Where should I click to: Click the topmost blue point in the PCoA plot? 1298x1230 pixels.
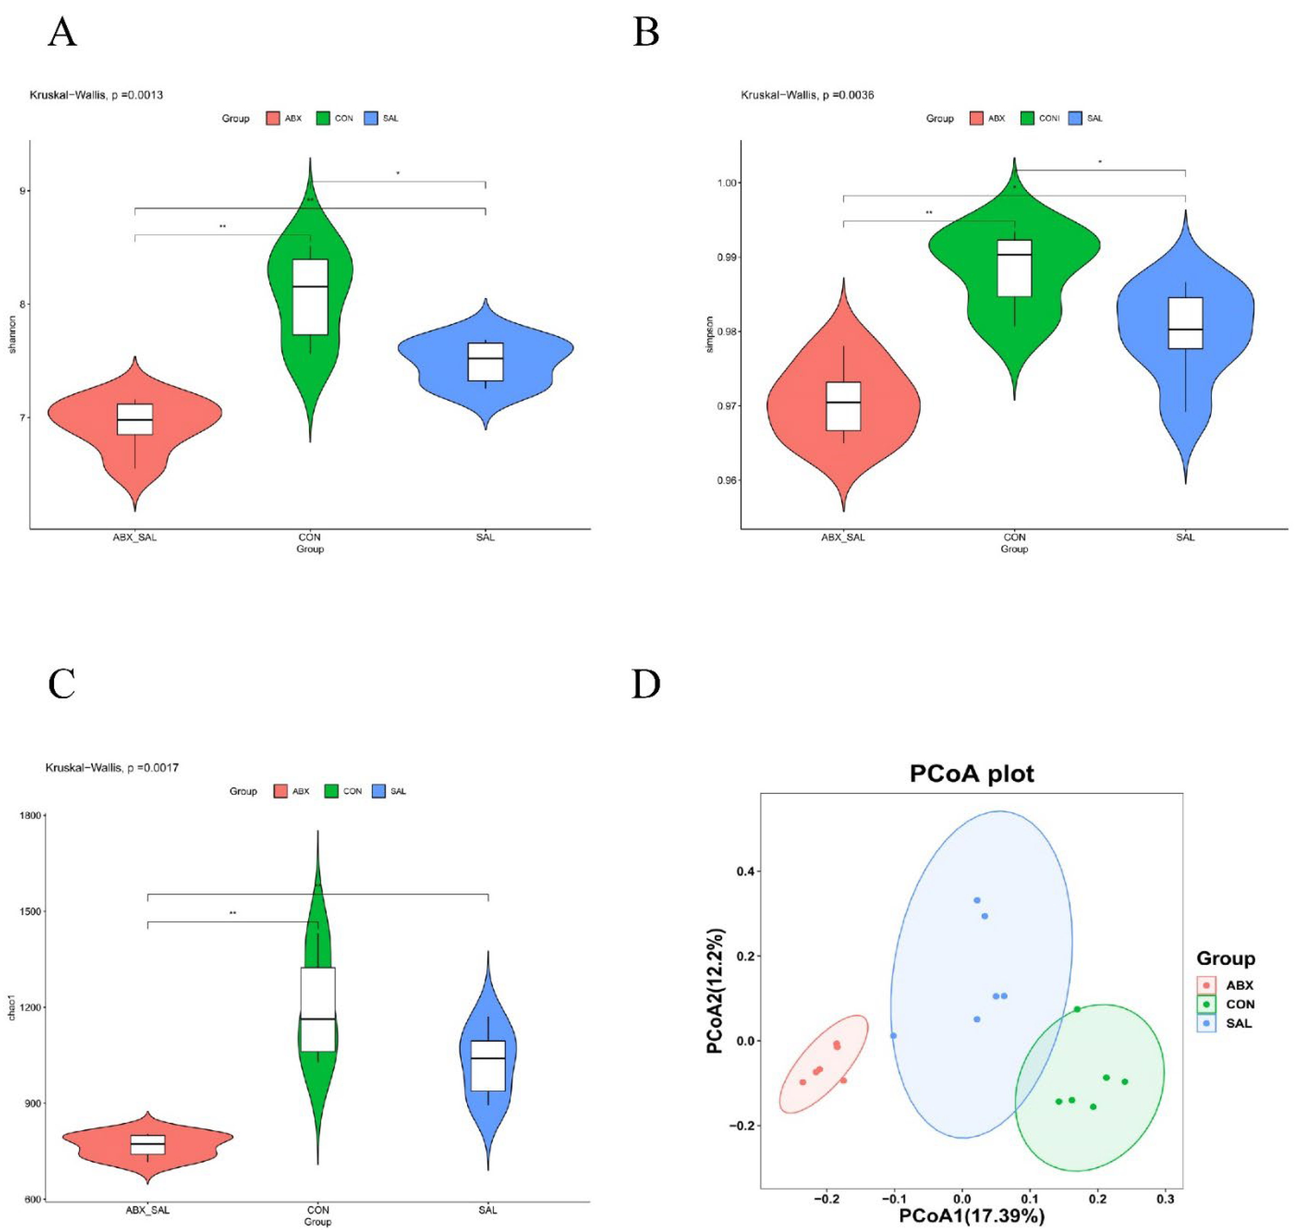coord(976,900)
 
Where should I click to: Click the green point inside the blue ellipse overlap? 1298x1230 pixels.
coord(1076,1009)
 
